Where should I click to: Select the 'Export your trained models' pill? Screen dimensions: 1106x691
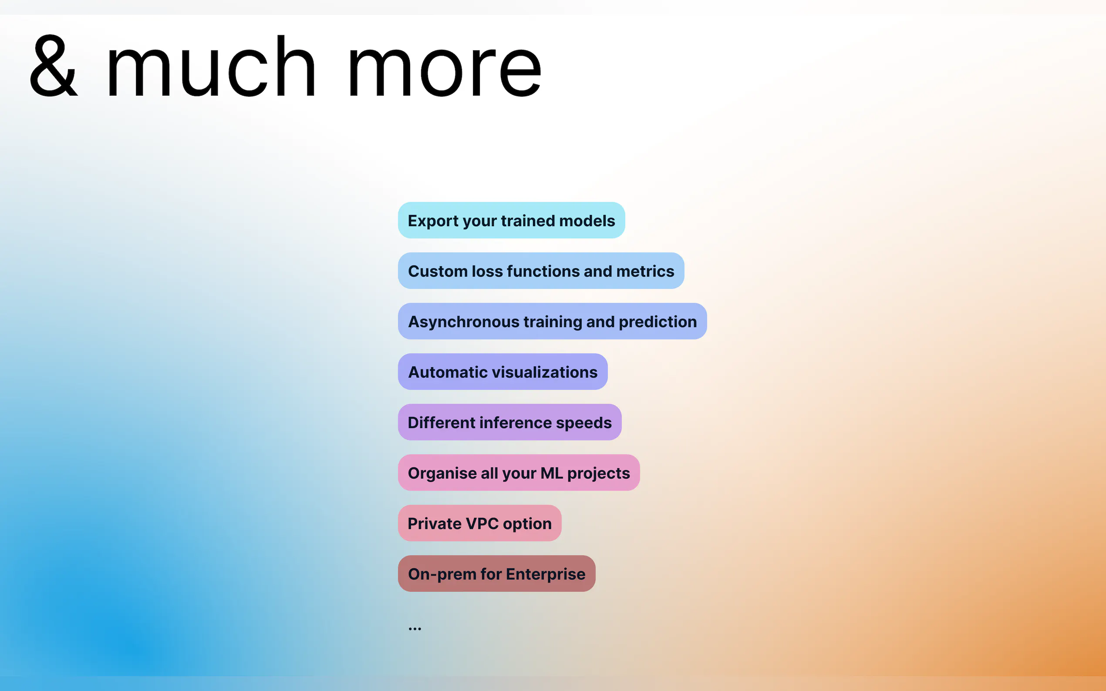pos(511,220)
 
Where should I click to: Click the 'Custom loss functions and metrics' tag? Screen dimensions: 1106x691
pos(541,271)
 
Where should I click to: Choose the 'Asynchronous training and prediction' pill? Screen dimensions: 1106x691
pos(552,321)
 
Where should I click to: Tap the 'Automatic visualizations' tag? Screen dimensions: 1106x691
pos(502,372)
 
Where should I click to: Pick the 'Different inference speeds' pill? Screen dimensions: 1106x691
pos(509,422)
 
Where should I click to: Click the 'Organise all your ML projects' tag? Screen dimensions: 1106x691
pos(519,473)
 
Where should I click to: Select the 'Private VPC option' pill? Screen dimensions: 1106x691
pos(479,523)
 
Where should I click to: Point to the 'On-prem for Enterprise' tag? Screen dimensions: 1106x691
pos(496,574)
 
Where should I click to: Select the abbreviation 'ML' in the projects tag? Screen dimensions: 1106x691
pos(552,473)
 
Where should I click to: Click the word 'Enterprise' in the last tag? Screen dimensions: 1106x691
pos(546,574)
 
